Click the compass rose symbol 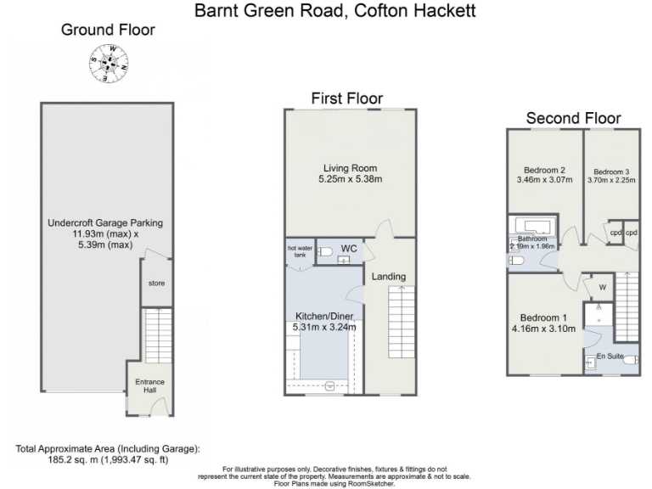[111, 60]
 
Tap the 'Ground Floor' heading [108, 30]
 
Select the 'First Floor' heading [346, 98]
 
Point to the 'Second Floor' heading [573, 118]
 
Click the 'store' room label [155, 284]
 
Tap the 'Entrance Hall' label [149, 386]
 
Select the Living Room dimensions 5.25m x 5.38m [350, 179]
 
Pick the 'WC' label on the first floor [348, 248]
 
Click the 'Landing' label [389, 276]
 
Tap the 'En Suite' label [609, 355]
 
